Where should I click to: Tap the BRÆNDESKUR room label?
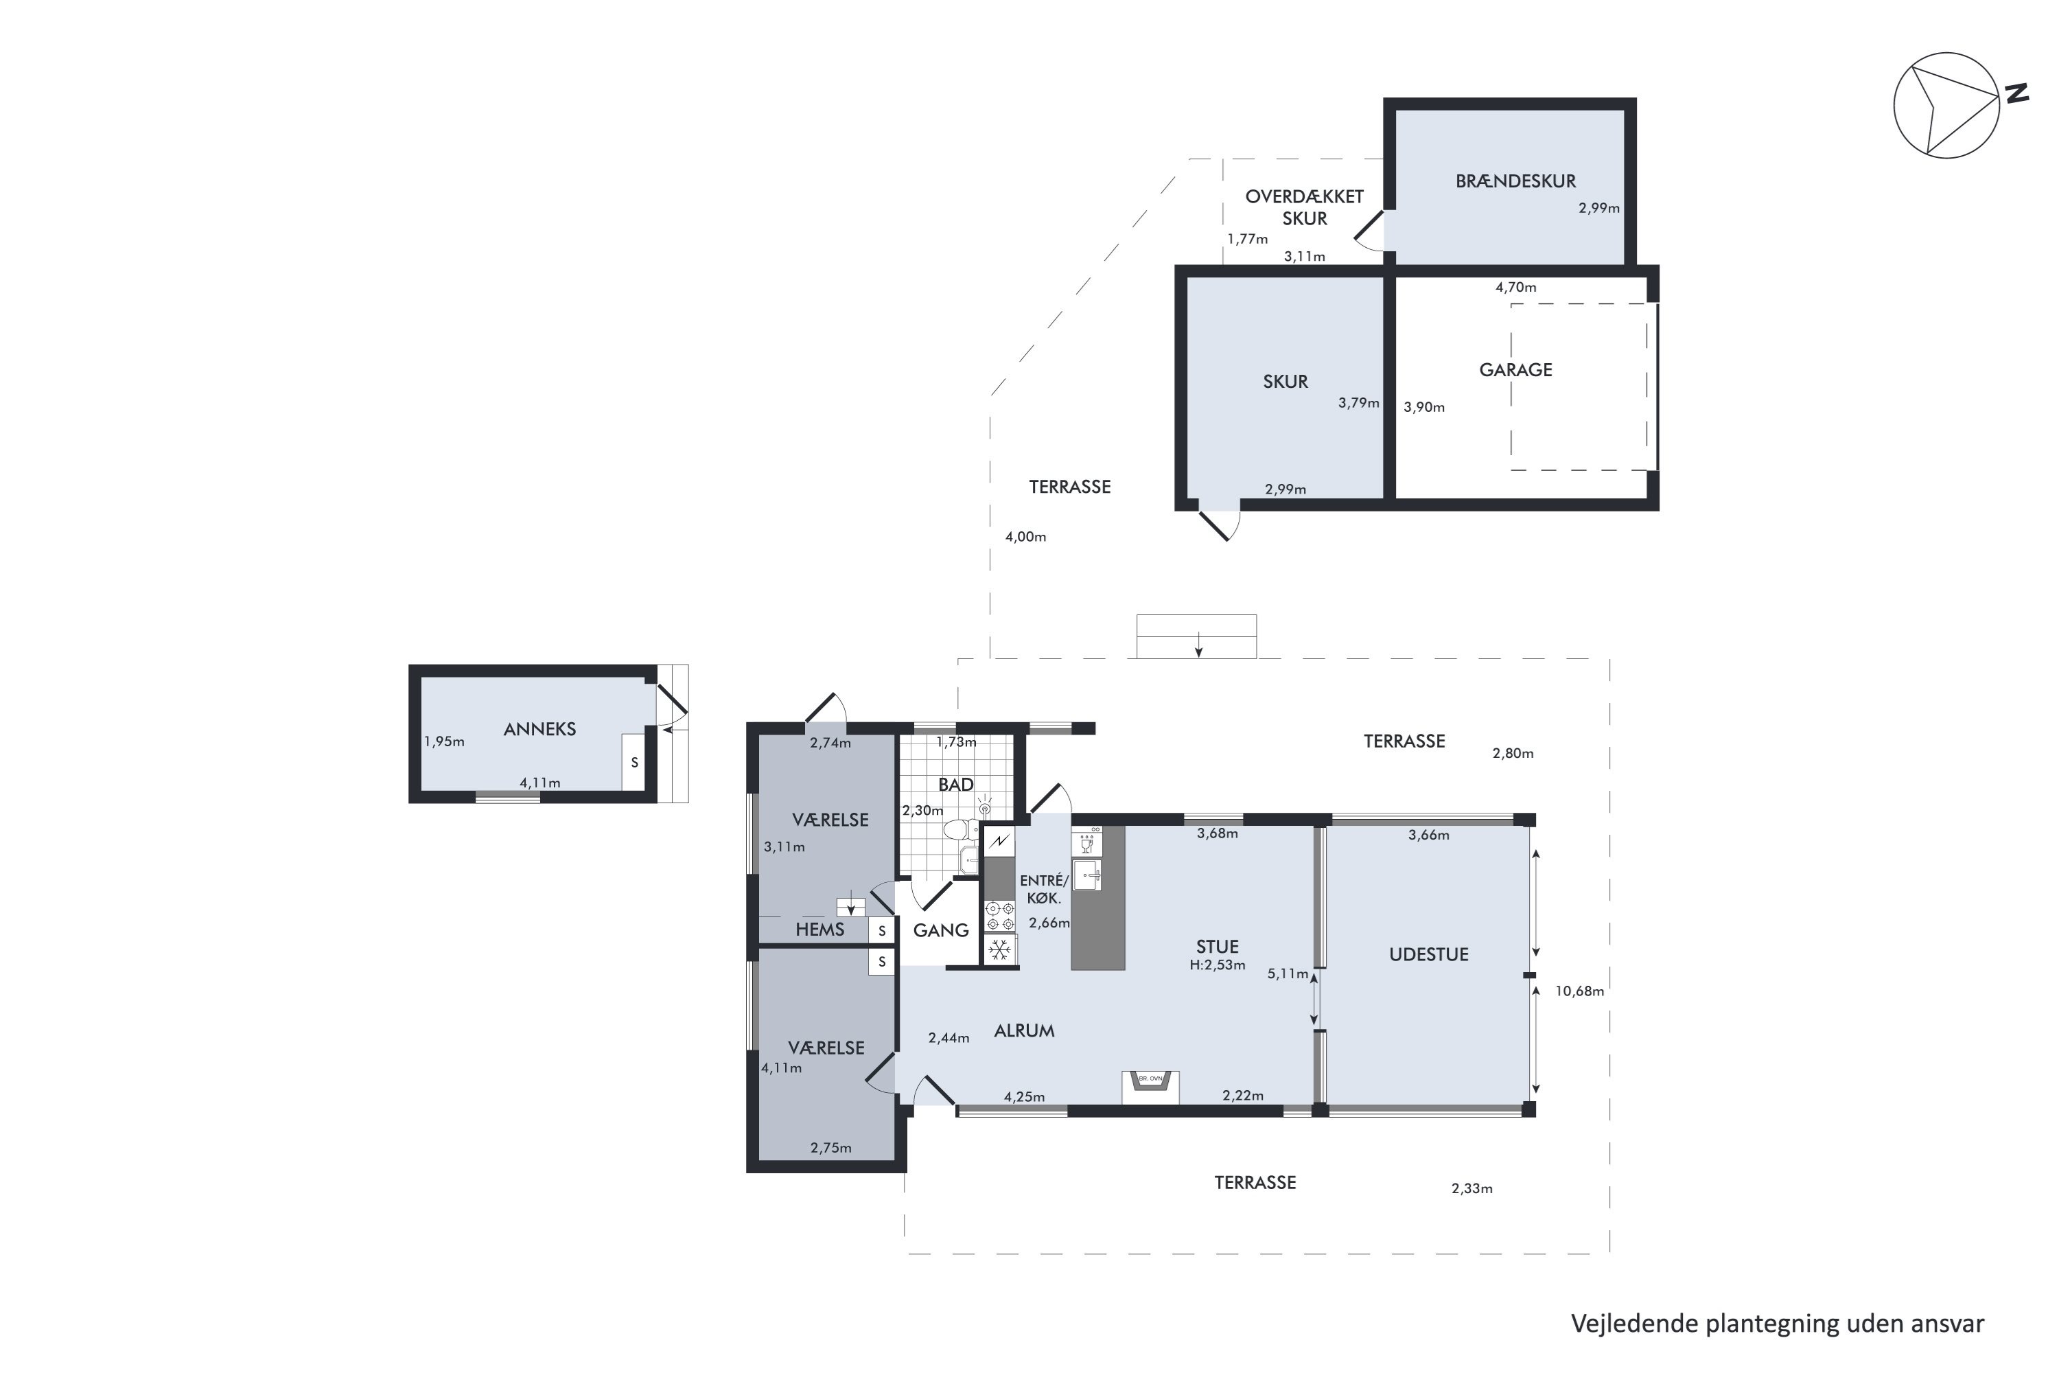pos(1515,181)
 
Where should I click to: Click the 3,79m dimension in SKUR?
pos(1358,403)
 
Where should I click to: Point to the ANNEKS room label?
pos(539,728)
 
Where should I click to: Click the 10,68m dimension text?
pos(1579,991)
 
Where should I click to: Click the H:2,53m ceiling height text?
pos(1217,965)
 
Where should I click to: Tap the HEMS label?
pos(819,930)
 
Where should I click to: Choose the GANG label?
pos(940,930)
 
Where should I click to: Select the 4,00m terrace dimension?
pos(1025,537)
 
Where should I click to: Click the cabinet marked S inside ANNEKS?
pos(633,762)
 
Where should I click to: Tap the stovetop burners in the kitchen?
pos(1000,916)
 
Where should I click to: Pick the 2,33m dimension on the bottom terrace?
pos(1471,1188)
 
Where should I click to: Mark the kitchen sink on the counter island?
pos(1086,875)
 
